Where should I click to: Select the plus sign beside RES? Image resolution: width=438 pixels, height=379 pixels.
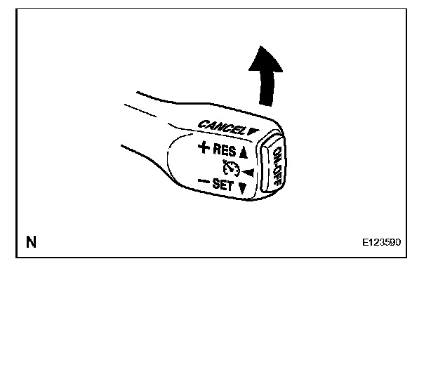204,147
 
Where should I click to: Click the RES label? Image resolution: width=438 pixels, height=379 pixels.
225,150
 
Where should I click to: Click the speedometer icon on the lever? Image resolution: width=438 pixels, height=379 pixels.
229,168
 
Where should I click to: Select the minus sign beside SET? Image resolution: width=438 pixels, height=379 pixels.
204,182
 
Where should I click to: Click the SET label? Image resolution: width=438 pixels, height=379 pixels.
223,185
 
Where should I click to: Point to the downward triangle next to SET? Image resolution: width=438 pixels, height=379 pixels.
242,188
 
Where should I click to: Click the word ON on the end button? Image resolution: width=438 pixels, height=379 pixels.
279,157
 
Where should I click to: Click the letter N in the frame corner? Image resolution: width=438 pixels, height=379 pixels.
31,243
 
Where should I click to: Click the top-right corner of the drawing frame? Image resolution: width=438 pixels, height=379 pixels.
406,9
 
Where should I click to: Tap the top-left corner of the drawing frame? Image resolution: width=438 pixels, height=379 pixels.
16,9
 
